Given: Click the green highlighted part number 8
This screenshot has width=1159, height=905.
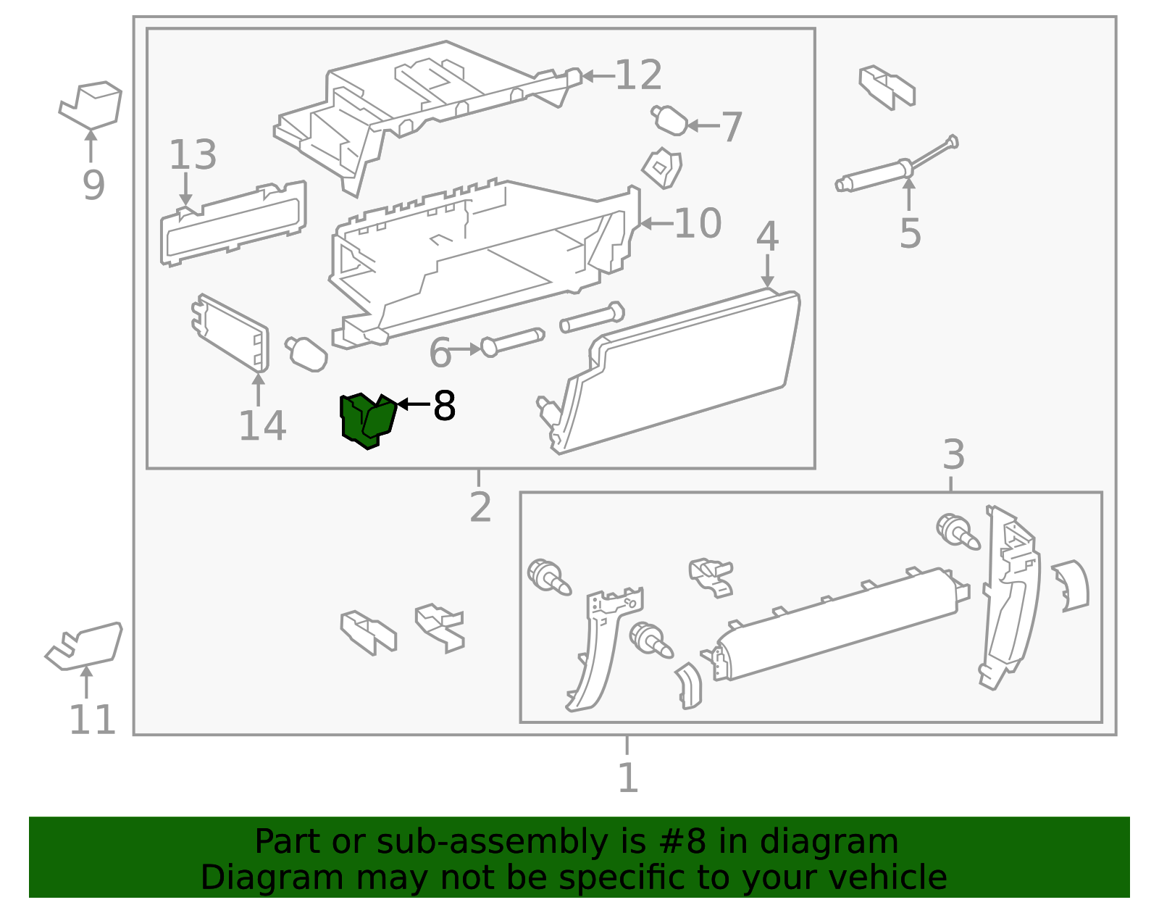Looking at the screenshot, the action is point(367,421).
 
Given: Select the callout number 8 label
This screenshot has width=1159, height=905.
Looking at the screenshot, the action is point(444,406).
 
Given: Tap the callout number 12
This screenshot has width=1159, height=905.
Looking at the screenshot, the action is point(638,75).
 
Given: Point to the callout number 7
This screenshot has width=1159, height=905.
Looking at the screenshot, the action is point(731,127).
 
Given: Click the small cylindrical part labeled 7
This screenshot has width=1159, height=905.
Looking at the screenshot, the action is point(669,120).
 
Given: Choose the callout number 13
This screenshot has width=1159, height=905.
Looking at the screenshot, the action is point(193,154).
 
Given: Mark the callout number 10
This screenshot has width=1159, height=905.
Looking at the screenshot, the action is point(698,223).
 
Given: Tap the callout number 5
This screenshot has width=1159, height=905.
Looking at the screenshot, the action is point(910,233).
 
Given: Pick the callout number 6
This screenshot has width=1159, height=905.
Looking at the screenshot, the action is point(440,352).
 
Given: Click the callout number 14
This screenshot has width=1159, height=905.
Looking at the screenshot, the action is point(262,425).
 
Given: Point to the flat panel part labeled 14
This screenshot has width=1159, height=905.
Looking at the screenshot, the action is point(230,333).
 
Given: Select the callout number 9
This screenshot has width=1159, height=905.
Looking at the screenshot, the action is point(93,185).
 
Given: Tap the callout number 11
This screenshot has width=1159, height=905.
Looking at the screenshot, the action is point(92,720).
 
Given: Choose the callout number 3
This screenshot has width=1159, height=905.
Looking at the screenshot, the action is point(954,454).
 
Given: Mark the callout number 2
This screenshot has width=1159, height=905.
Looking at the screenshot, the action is point(480,506).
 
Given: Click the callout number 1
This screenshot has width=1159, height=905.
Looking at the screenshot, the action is point(628,777).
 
